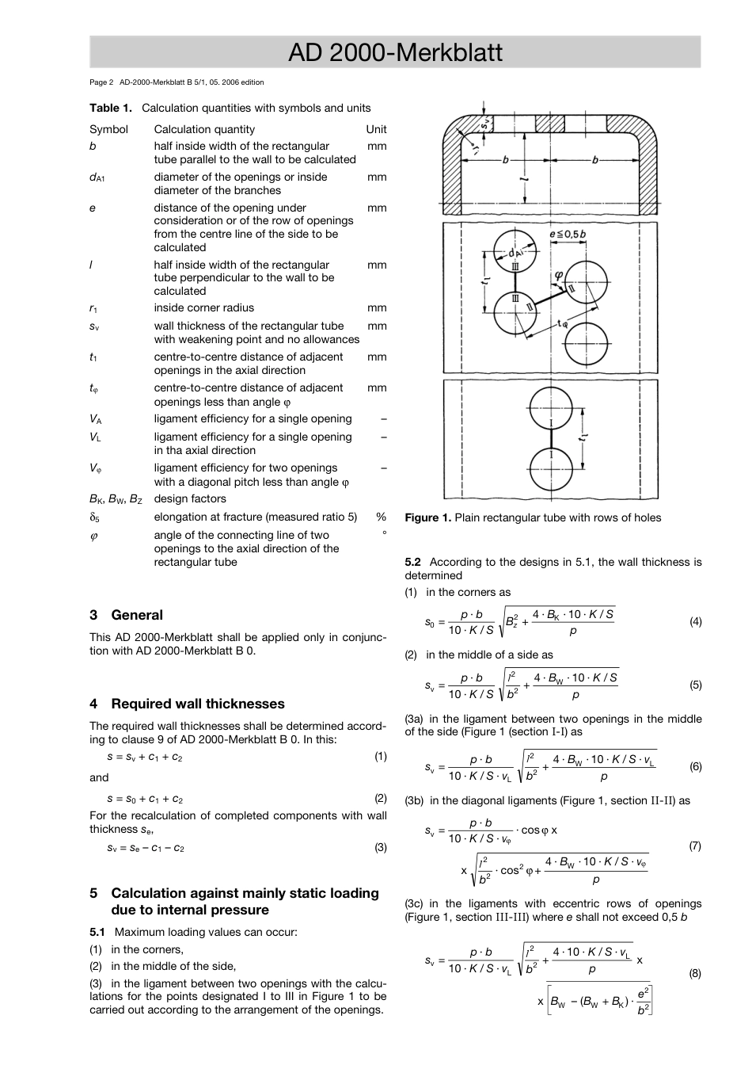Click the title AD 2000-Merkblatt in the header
(x=395, y=52)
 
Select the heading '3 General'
(x=127, y=615)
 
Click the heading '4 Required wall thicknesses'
(x=187, y=704)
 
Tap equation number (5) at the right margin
(x=695, y=685)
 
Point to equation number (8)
(x=695, y=973)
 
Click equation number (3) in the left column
(x=381, y=847)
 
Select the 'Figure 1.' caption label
(x=427, y=517)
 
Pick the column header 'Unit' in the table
(x=376, y=129)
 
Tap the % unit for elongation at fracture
(x=381, y=517)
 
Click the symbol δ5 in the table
(x=94, y=517)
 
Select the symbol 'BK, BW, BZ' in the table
(x=116, y=499)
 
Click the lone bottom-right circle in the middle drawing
(x=587, y=345)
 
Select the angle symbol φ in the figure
(x=559, y=274)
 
